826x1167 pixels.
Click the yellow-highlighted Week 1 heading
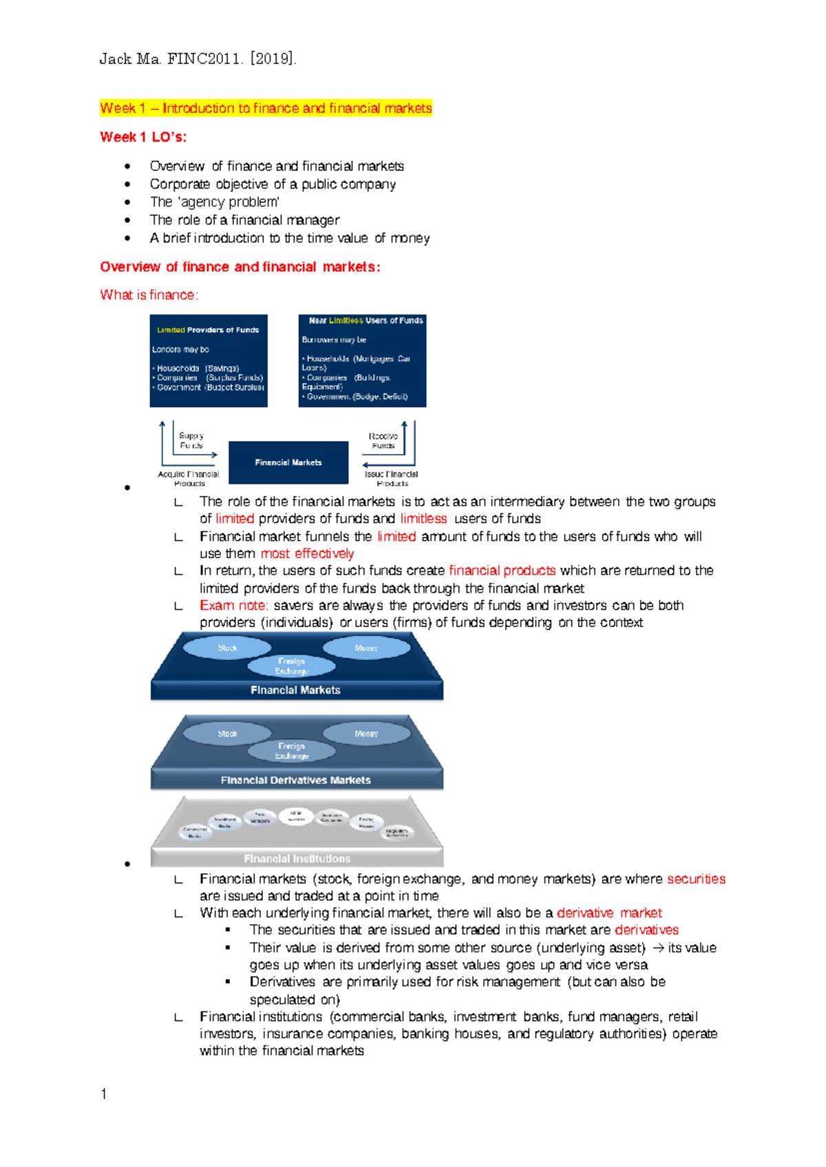pos(266,108)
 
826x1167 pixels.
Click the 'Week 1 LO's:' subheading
pos(143,137)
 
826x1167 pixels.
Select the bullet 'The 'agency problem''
pos(214,202)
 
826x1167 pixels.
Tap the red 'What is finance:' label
pos(149,295)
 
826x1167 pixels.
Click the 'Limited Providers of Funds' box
pos(209,361)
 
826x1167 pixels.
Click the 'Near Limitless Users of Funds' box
pos(362,361)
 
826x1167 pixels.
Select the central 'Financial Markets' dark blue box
pos(288,462)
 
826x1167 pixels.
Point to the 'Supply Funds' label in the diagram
pos(191,440)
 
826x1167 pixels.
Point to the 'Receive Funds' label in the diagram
pos(383,440)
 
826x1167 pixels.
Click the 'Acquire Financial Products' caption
pos(188,478)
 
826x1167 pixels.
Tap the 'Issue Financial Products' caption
pos(391,478)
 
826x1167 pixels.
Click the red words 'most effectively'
pos(307,553)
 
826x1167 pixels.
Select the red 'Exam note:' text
pos(233,606)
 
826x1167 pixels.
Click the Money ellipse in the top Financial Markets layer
pos(366,647)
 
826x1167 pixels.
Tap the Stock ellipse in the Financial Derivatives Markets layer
pos(227,734)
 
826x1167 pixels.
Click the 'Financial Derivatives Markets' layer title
pos(295,780)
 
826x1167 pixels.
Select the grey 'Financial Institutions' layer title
pos(297,858)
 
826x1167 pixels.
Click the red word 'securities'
pos(696,879)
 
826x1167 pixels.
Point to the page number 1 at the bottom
pos(103,1094)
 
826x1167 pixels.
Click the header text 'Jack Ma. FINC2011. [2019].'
pos(198,59)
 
